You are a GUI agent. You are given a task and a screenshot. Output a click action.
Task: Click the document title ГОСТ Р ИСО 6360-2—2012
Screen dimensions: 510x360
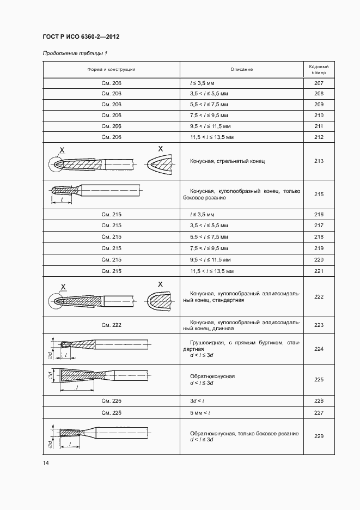coord(81,37)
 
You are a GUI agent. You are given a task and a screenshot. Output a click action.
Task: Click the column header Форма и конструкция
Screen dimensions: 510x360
coord(111,69)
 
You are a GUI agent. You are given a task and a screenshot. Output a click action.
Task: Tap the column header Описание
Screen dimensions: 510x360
coord(241,69)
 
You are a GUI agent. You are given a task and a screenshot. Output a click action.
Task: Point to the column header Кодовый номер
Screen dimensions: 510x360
coord(319,69)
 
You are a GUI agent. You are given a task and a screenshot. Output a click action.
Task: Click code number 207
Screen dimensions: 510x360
coord(319,83)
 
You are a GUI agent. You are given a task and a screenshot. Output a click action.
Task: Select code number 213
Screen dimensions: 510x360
coord(319,161)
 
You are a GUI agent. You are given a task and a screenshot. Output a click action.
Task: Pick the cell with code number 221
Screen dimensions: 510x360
coord(319,271)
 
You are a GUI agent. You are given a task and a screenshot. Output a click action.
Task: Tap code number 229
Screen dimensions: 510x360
coord(319,436)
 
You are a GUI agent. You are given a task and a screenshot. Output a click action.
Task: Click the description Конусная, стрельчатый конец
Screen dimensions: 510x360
coord(227,161)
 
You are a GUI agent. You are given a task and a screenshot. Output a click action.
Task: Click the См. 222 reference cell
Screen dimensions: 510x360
coord(111,325)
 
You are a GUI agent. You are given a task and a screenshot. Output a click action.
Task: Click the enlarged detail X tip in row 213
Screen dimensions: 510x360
coord(159,163)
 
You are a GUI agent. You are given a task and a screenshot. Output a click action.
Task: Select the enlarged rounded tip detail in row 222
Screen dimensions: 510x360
coord(160,300)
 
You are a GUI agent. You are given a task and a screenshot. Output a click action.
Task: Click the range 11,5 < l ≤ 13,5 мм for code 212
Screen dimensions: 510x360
coord(212,137)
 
